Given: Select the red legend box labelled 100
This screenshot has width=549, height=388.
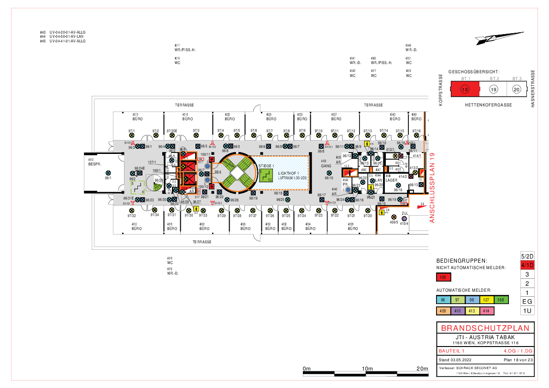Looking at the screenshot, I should (443, 277).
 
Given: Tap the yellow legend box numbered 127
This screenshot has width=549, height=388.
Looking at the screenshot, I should (486, 300).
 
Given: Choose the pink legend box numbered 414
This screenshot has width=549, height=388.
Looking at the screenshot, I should (486, 311).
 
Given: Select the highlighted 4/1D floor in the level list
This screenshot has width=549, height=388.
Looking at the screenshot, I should (527, 265).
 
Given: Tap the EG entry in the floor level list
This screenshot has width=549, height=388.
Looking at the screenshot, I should (527, 301).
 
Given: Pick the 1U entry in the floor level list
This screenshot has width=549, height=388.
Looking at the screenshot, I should (527, 311).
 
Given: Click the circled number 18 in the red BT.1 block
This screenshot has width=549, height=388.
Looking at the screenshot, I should (465, 89).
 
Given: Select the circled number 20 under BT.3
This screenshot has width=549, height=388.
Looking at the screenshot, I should (517, 89).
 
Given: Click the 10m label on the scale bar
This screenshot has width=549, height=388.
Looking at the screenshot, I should (367, 369).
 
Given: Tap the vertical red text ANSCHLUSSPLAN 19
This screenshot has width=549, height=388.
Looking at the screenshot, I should (432, 188).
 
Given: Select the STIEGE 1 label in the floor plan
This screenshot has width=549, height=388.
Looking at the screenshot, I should (266, 165).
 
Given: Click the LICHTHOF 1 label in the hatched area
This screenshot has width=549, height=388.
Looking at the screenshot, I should (289, 172).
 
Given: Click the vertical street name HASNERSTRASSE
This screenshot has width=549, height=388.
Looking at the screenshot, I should (532, 89).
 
